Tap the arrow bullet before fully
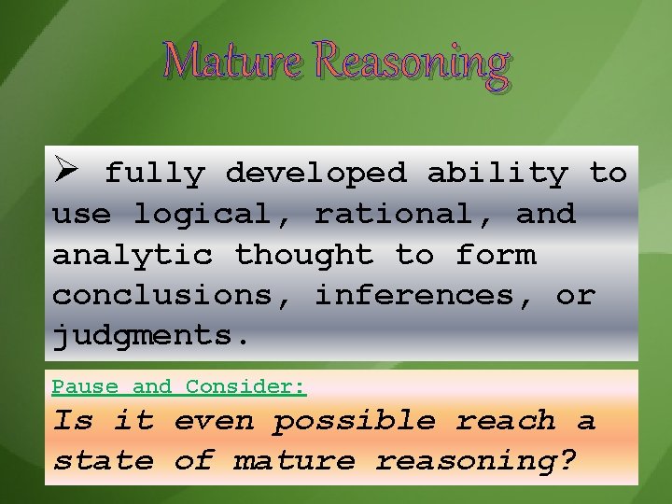click(66, 173)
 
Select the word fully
click(154, 174)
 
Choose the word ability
click(497, 174)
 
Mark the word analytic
click(132, 254)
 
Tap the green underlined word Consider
click(245, 386)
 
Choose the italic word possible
click(355, 422)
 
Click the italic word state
click(103, 461)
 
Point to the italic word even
click(214, 421)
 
